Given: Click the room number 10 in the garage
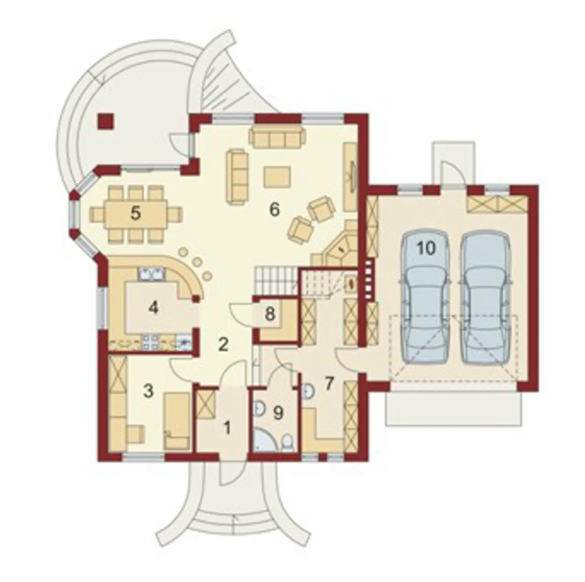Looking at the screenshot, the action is [426, 248].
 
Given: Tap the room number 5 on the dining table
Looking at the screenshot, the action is [136, 214].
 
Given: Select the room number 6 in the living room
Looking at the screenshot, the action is [274, 210].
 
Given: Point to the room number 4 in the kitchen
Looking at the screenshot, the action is [154, 309].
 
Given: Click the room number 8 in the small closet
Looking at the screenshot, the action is [270, 314].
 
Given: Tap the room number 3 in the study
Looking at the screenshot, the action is [149, 391].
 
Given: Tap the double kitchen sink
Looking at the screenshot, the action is [151, 274].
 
